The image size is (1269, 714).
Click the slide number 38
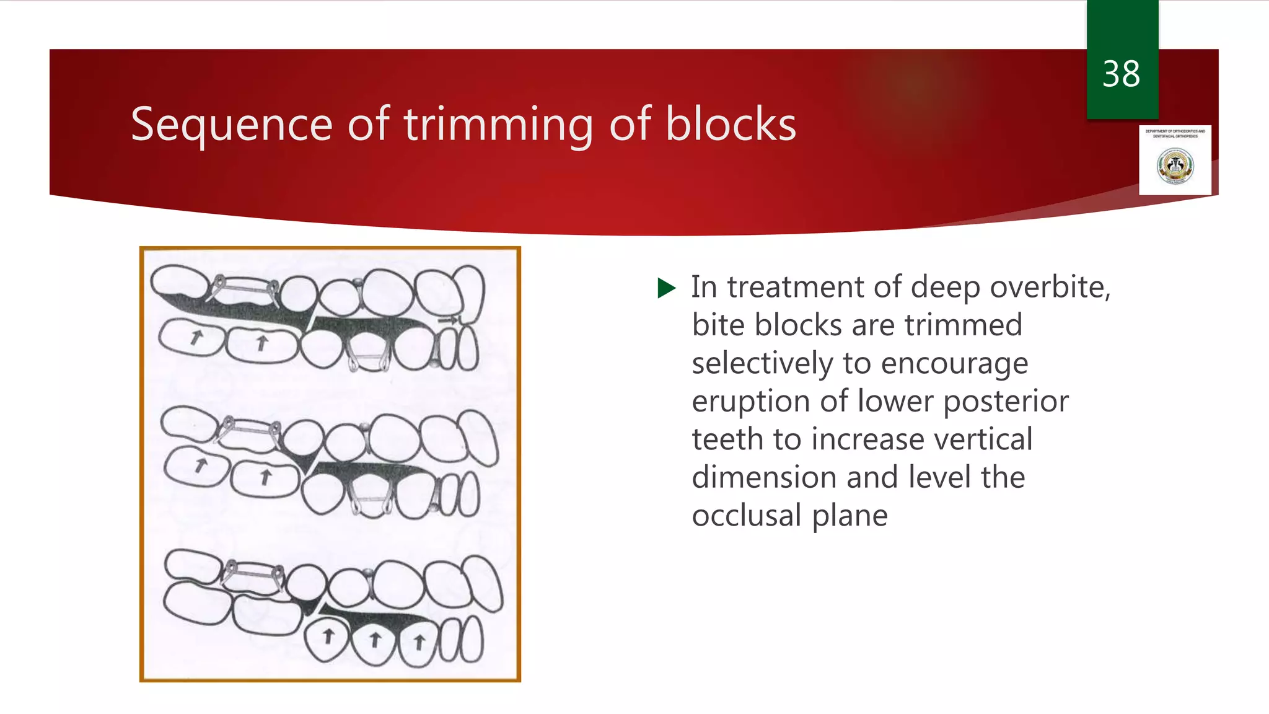[1121, 74]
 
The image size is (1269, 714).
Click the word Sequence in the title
[232, 125]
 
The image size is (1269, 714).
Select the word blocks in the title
[731, 125]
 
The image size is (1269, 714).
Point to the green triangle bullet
[666, 288]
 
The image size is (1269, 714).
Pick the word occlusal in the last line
[747, 516]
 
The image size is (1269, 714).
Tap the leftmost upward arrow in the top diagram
[196, 337]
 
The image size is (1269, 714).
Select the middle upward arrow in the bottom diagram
[374, 639]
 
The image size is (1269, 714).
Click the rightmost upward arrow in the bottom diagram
[419, 642]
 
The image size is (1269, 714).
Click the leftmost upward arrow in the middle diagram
[200, 465]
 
